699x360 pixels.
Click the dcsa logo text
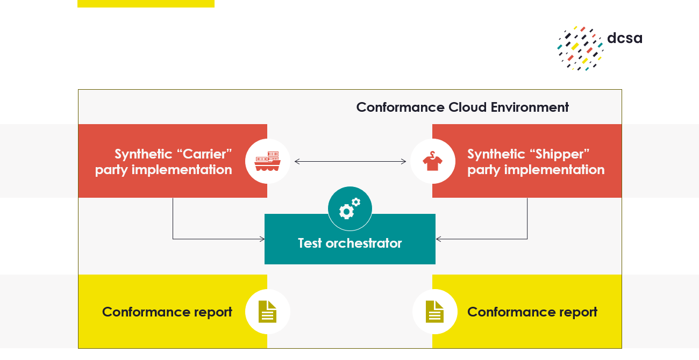coord(625,38)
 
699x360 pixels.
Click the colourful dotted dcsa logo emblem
coord(580,48)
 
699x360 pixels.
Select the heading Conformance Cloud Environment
coord(462,107)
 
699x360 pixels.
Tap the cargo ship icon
coord(268,161)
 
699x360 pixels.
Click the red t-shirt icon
coord(432,161)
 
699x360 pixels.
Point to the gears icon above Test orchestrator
coord(350,208)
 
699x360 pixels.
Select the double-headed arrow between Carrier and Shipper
coord(350,161)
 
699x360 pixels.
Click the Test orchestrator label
coord(350,243)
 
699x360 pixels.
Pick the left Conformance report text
coord(167,312)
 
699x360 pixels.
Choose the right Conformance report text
coord(532,312)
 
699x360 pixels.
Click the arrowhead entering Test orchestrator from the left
coord(262,239)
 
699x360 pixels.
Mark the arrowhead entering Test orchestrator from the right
coord(438,239)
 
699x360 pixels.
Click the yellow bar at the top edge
coord(146,3)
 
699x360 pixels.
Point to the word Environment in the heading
coord(530,107)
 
